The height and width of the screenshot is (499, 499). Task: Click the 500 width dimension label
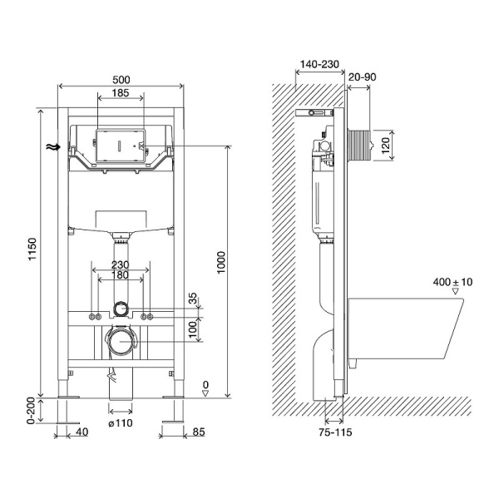(121, 80)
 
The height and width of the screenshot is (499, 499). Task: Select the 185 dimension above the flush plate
(121, 92)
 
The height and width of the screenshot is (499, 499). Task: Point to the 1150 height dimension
(32, 249)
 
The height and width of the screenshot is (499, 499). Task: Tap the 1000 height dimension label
(220, 263)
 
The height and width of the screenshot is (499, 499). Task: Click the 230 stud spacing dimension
(121, 264)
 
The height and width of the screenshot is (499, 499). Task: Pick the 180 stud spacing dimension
(121, 275)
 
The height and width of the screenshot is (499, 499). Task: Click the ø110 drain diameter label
(121, 423)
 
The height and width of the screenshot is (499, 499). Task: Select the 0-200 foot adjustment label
(31, 411)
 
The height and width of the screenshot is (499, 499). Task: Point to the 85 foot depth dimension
(199, 432)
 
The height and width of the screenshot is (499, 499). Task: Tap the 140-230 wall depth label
(319, 64)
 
